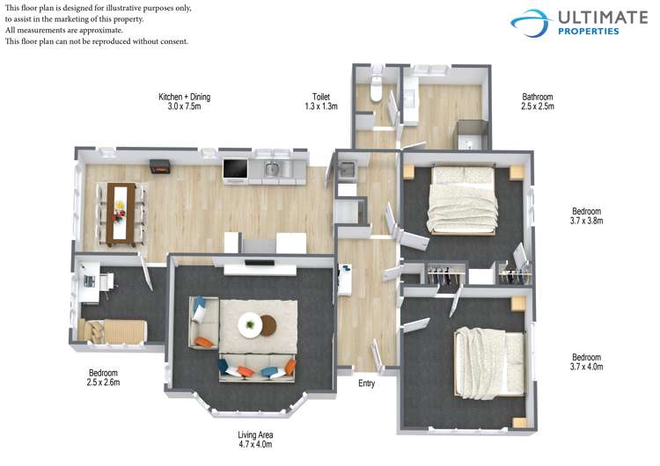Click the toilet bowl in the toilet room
tap(376, 89)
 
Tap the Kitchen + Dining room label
tap(185, 97)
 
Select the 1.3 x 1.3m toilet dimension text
tap(321, 106)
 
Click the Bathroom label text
tap(538, 97)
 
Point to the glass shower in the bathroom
tap(473, 135)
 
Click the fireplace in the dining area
tap(159, 166)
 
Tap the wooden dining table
tap(121, 215)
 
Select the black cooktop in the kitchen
tap(235, 169)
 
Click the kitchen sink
tap(272, 170)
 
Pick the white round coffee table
tap(250, 324)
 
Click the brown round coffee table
tap(268, 325)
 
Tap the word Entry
tap(367, 383)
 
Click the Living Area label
tap(255, 435)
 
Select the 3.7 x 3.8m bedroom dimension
tap(586, 221)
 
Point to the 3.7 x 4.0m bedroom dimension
tap(586, 367)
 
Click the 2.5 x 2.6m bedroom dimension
tap(103, 382)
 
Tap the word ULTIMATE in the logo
tap(602, 18)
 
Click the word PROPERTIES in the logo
tap(588, 31)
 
